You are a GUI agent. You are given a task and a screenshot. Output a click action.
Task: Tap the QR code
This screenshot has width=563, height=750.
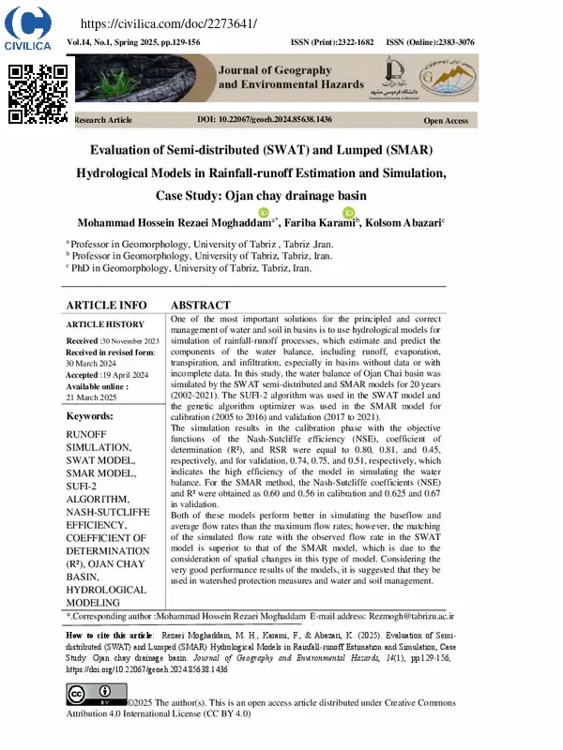pos(38,93)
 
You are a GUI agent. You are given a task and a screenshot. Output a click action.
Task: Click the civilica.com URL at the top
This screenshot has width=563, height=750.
pos(169,22)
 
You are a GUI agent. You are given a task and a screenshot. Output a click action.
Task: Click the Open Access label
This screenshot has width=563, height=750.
pos(446,121)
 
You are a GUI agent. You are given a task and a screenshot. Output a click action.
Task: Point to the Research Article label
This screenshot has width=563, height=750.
pos(103,121)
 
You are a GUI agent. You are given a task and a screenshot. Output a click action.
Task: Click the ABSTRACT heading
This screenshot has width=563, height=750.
pos(200,306)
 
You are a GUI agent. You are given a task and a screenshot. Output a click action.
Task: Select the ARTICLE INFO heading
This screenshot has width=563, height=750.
pos(106,306)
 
